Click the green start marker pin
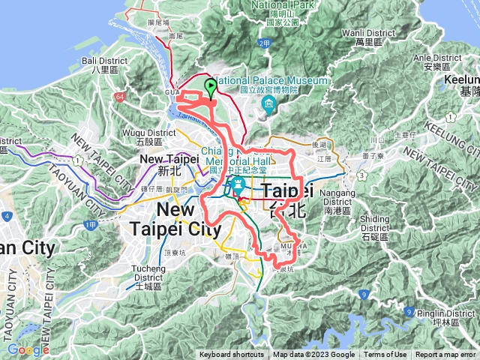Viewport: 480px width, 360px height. [211, 87]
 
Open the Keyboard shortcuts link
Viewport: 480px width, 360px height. [232, 355]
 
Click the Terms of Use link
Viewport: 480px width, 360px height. [387, 355]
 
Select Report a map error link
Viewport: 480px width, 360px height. [445, 355]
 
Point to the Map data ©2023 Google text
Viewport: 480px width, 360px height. [314, 355]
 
